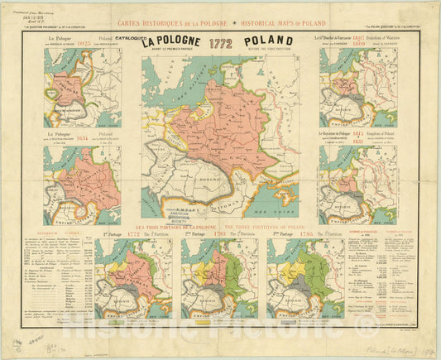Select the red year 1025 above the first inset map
83,40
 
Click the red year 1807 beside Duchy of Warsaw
359,38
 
